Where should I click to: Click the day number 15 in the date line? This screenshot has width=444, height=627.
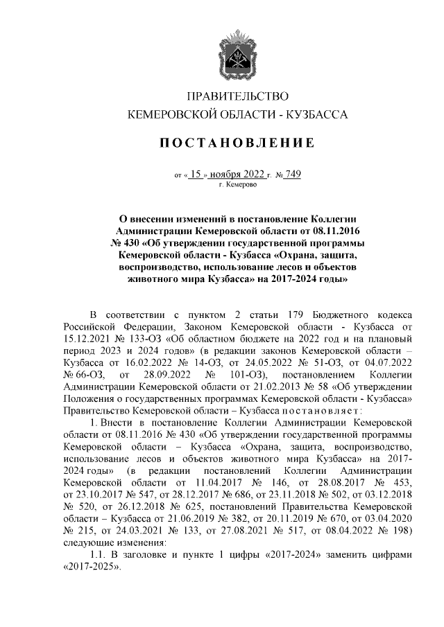pos(195,175)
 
